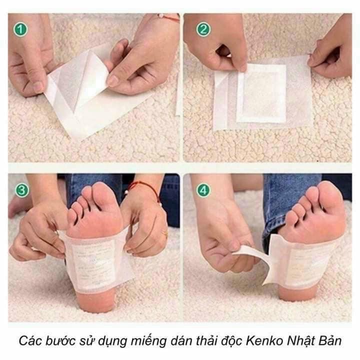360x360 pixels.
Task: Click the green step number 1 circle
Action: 20,29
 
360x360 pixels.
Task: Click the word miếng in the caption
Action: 149,342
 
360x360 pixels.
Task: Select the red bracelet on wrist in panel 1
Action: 167,17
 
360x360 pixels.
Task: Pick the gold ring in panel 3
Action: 164,233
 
